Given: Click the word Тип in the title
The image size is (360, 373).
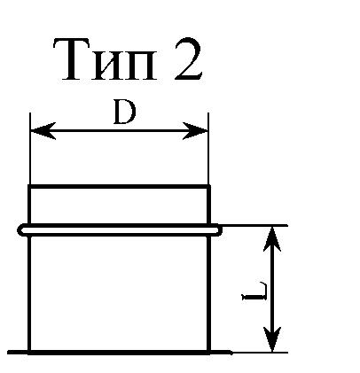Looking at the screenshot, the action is pos(105,60).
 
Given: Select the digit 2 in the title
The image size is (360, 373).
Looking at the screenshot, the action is pos(188,59).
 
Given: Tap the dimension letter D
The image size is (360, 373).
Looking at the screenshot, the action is pos(124,113).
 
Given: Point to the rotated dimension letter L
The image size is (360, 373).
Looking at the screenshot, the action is pos(254,291).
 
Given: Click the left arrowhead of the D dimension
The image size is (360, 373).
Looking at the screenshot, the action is pos(43,130).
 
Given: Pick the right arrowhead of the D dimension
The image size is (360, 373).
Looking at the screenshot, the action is pos(195,130).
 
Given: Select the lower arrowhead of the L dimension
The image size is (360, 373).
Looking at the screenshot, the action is pos(272,339).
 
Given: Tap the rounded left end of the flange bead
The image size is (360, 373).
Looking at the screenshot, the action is pos(20,230).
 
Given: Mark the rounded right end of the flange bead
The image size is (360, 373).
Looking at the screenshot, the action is pos(219,230).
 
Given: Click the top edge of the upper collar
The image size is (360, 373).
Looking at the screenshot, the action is pos(119,186).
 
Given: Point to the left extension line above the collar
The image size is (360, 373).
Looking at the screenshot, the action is pos(30,149).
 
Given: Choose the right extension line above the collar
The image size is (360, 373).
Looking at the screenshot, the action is pos(208,149).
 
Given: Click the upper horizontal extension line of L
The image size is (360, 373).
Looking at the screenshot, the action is pos(254,226).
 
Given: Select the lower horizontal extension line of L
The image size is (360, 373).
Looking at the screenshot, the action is pos(260,353).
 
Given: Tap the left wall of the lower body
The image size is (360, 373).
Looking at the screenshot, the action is pos(29,293).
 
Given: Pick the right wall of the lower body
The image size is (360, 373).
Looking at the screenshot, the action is pos(208,293).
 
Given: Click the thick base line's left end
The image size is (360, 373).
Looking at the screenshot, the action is pos(8,352).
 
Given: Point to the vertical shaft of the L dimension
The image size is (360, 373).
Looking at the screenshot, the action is pos(272,289).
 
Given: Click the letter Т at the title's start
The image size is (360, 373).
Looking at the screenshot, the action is pos(71,60).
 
